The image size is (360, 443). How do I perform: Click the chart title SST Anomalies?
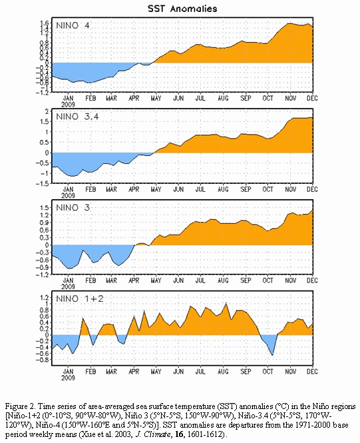(x=182, y=9)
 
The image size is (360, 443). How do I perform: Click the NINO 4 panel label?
(x=73, y=25)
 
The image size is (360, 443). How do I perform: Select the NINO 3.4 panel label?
(x=77, y=117)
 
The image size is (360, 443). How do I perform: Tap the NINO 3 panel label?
(x=73, y=208)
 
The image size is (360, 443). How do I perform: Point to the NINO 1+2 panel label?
(x=80, y=298)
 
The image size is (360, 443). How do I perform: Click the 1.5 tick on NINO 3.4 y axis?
(x=45, y=122)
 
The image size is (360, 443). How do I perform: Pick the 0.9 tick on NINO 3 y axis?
(x=45, y=222)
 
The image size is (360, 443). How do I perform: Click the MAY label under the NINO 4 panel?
(x=156, y=99)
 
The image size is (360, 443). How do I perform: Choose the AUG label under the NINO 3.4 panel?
(x=223, y=189)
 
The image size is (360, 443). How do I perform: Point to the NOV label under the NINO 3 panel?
(x=290, y=280)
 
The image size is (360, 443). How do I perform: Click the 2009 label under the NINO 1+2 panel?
(x=68, y=378)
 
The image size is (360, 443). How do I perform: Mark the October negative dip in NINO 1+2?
(x=272, y=355)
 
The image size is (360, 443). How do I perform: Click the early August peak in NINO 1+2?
(x=226, y=303)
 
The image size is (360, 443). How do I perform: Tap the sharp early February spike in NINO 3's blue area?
(x=83, y=250)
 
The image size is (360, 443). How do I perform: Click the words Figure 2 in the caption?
(x=21, y=406)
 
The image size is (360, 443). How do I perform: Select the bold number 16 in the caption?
(x=179, y=434)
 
